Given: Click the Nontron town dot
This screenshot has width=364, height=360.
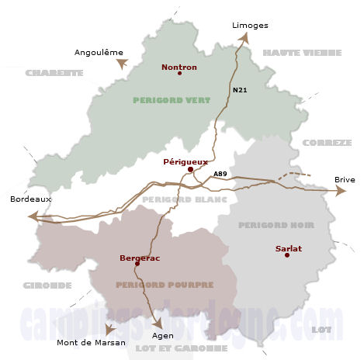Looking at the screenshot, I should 179,74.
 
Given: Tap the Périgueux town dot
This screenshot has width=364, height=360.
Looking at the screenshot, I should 190,168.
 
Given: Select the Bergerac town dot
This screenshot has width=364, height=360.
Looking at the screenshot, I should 137,264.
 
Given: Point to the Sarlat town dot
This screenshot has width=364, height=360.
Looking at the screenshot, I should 287,255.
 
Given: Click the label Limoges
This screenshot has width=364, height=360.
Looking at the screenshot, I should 250,25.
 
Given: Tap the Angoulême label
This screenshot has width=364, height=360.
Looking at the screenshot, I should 99,52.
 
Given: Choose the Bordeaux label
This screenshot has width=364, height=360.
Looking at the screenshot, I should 30,199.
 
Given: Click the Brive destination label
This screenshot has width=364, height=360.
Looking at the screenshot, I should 345,179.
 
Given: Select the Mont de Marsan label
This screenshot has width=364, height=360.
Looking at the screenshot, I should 91,342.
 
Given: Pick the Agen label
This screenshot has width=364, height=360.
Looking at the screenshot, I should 163,335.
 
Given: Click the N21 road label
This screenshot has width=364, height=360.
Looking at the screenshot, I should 240,92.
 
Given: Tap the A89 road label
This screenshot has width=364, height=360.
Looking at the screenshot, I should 220,172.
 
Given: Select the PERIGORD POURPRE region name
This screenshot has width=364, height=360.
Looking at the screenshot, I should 164,285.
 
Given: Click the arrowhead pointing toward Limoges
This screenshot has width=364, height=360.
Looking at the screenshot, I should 244,36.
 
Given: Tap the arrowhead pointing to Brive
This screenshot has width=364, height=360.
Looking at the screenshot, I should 340,191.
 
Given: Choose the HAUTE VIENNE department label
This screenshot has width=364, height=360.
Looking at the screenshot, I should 301,52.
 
